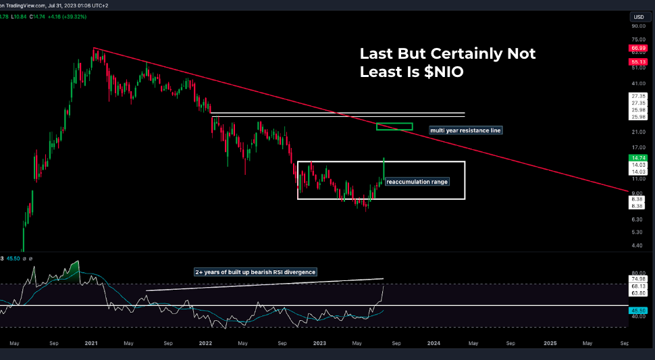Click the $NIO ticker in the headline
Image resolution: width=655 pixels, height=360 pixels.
pyautogui.click(x=444, y=72)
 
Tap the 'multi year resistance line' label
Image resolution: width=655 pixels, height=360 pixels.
pyautogui.click(x=466, y=130)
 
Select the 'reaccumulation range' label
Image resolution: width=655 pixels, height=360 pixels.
pyautogui.click(x=417, y=182)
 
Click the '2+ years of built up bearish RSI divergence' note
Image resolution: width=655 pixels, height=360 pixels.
pyautogui.click(x=255, y=272)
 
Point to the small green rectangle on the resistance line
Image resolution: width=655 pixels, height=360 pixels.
pyautogui.click(x=394, y=127)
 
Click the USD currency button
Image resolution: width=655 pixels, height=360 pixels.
pyautogui.click(x=637, y=17)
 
